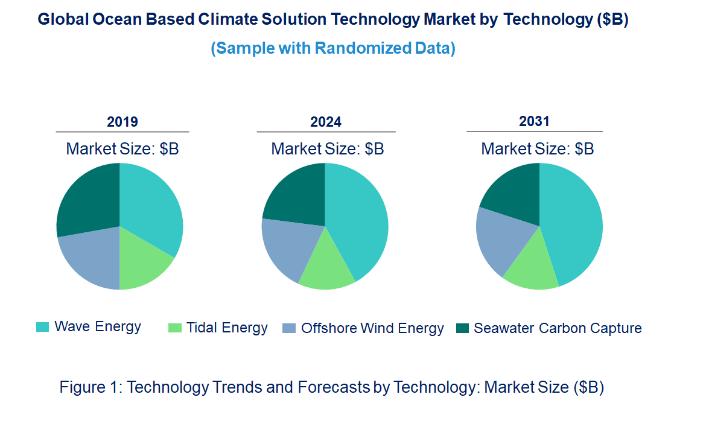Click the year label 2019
pos(122,122)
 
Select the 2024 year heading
pos(326,122)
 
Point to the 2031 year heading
pos(535,121)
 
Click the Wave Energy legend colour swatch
pos(42,328)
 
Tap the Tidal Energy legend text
pos(227,328)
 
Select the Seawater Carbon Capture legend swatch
pos(462,328)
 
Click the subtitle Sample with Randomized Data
pos(333,48)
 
